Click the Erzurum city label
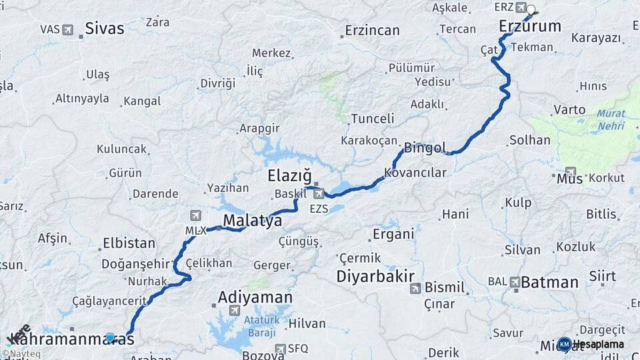click(x=530, y=27)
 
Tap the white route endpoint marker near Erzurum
click(x=531, y=9)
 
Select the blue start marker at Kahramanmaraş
click(x=110, y=338)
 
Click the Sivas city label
click(x=105, y=28)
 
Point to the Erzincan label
click(x=372, y=30)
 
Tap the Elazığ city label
click(x=289, y=176)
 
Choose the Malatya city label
click(x=252, y=221)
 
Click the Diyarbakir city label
click(x=376, y=276)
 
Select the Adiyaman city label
click(x=255, y=297)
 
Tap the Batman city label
click(x=549, y=282)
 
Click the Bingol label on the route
click(x=425, y=147)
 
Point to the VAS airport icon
click(x=67, y=29)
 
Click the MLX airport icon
click(x=195, y=215)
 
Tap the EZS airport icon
click(x=319, y=194)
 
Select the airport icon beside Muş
click(x=571, y=171)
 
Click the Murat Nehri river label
click(x=611, y=119)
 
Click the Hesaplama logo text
click(x=599, y=344)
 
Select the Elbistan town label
click(x=129, y=243)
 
